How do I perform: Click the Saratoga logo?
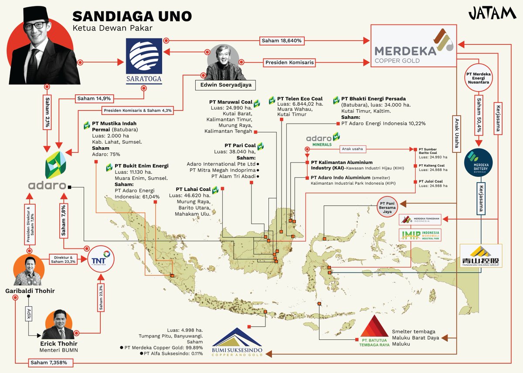tap(143, 56)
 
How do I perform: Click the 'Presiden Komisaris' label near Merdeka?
tap(289, 62)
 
